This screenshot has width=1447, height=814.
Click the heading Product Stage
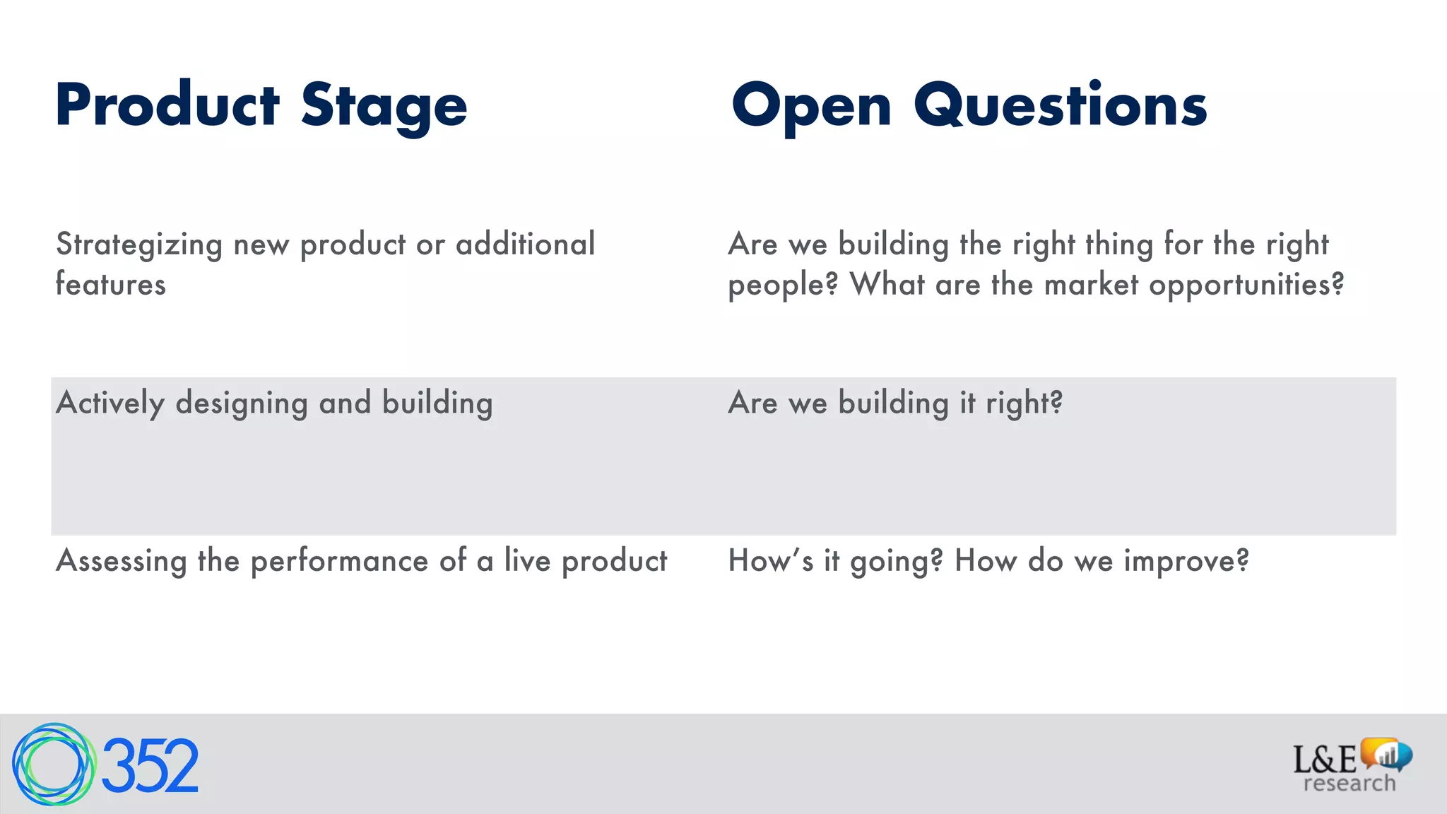261,106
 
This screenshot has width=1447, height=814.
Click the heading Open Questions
969,106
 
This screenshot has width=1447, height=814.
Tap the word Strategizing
139,245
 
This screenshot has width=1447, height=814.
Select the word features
111,285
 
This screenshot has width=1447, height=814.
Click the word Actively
110,403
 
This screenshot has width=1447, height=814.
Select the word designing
242,403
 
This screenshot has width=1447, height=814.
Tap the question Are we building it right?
895,403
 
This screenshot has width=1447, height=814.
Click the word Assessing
121,562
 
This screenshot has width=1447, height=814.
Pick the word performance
339,562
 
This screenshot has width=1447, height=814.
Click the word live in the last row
527,560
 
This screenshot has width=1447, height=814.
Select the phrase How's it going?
835,562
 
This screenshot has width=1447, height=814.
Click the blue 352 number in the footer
150,766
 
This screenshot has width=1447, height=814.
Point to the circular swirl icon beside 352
53,765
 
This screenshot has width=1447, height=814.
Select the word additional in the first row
525,244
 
